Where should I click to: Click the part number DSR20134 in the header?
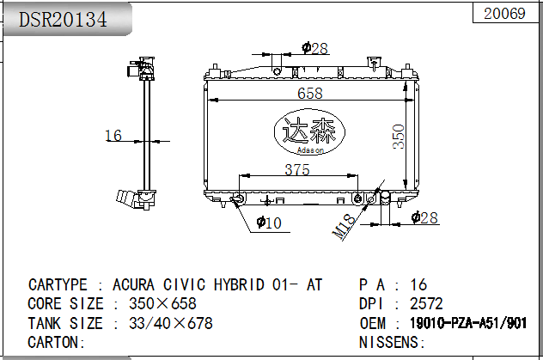click(x=63, y=20)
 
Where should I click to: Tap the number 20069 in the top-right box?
click(x=504, y=14)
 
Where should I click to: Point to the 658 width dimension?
click(x=310, y=93)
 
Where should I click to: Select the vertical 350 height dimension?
click(x=399, y=137)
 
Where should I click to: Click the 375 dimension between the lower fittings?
click(x=297, y=169)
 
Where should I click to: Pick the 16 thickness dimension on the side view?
click(x=113, y=136)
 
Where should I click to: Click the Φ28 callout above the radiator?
click(x=314, y=48)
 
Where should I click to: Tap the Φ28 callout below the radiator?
click(x=424, y=217)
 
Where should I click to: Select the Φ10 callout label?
click(x=269, y=223)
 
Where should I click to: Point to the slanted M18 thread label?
click(x=344, y=227)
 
